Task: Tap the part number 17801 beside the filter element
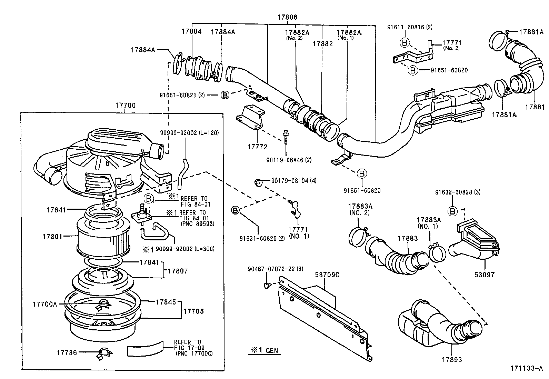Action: (52, 237)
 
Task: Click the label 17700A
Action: (44, 304)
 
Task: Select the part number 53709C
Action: (327, 275)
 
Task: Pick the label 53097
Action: (484, 275)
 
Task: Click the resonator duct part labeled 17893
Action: (438, 324)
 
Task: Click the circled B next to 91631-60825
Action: (235, 210)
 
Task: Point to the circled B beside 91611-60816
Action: (404, 42)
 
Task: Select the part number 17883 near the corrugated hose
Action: (408, 238)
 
